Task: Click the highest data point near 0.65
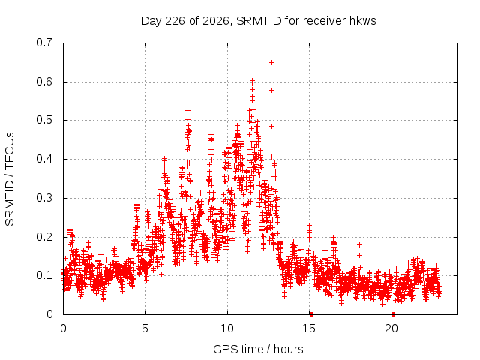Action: coord(271,63)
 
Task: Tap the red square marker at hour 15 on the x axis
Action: coord(311,314)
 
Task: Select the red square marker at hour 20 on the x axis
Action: coord(393,314)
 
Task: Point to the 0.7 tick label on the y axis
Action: coord(44,43)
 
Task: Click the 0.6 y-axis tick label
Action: coord(44,82)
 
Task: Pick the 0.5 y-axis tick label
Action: coord(44,120)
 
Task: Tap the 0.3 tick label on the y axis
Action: coord(44,198)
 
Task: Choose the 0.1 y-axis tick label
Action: coord(44,275)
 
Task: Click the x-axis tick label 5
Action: coord(145,328)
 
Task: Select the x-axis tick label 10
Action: coord(227,328)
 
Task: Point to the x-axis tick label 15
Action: coord(309,328)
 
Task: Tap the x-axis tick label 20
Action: coord(391,328)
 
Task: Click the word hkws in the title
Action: coord(362,21)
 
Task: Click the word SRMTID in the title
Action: coord(259,21)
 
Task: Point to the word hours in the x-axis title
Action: coord(288,349)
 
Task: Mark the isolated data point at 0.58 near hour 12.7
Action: coord(271,91)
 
